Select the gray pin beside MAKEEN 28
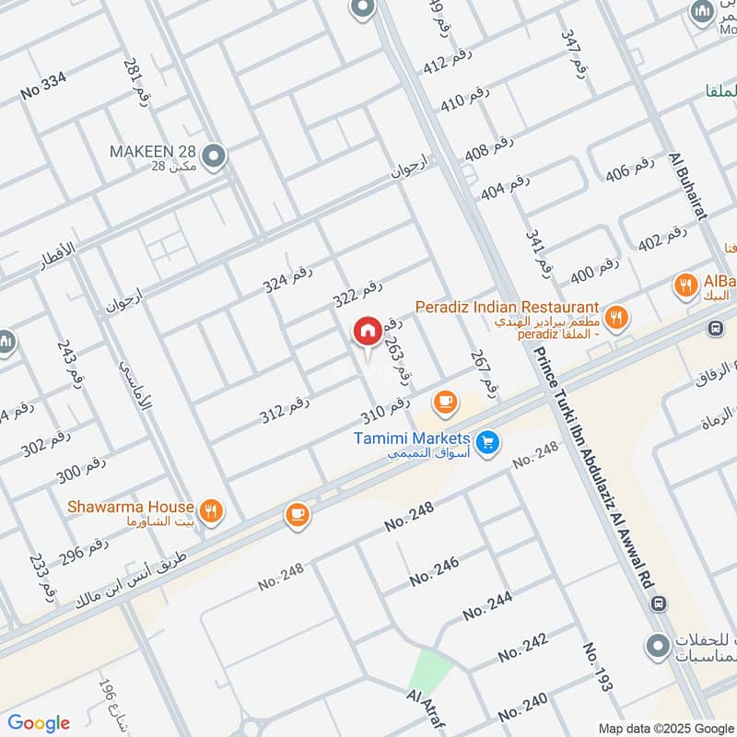(215, 158)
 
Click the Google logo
(39, 723)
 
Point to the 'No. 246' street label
(434, 572)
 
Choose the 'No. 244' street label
(487, 606)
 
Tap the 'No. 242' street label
(522, 646)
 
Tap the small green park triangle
(427, 670)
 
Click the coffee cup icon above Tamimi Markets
(445, 402)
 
